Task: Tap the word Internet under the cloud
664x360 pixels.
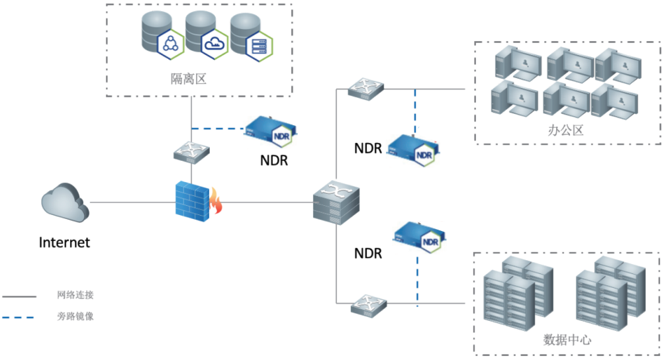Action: click(64, 242)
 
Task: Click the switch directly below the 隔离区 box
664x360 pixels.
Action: click(192, 152)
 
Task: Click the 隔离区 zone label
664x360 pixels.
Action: click(189, 79)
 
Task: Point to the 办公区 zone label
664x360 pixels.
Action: click(566, 130)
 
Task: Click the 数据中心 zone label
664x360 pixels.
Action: click(567, 340)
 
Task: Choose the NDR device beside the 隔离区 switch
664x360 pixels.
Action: click(271, 130)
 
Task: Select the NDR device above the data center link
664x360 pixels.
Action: click(419, 238)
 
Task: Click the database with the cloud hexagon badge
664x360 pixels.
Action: click(204, 34)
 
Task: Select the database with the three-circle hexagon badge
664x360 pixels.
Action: click(161, 34)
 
